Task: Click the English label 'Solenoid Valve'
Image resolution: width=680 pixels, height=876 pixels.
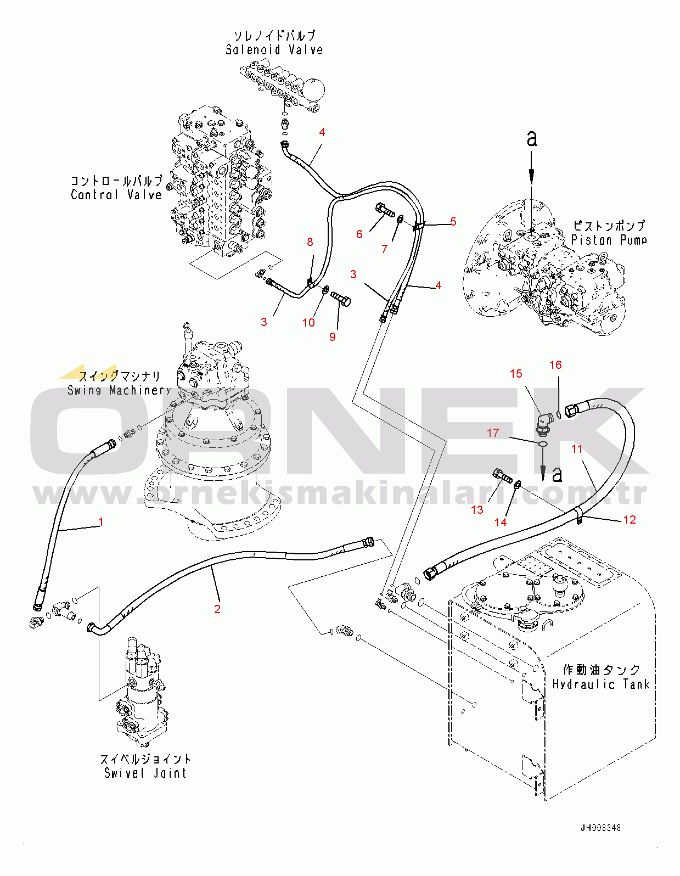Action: pyautogui.click(x=274, y=50)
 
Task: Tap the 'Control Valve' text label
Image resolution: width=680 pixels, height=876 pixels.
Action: pyautogui.click(x=116, y=195)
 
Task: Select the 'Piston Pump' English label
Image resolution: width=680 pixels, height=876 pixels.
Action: pyautogui.click(x=609, y=240)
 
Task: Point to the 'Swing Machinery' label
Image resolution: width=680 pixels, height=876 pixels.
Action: pyautogui.click(x=119, y=390)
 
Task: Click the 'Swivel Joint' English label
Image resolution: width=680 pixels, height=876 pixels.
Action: pyautogui.click(x=145, y=773)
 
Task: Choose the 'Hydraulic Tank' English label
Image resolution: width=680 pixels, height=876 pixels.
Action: pyautogui.click(x=601, y=684)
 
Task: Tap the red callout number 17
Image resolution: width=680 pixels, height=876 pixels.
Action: pyautogui.click(x=492, y=433)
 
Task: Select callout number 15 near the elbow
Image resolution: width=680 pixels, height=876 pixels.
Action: pyautogui.click(x=516, y=374)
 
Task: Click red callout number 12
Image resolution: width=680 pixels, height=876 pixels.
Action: pyautogui.click(x=629, y=520)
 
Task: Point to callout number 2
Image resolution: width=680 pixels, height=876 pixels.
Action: pyautogui.click(x=217, y=609)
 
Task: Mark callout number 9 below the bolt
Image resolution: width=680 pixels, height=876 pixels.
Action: pyautogui.click(x=332, y=336)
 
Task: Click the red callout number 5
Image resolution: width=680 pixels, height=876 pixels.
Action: pyautogui.click(x=453, y=221)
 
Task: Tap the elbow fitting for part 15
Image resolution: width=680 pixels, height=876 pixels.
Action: pyautogui.click(x=546, y=424)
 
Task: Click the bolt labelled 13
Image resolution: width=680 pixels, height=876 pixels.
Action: pyautogui.click(x=502, y=475)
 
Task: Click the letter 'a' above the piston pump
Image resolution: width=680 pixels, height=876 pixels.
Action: pyautogui.click(x=532, y=139)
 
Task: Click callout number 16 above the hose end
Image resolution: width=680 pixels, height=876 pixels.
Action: pyautogui.click(x=555, y=365)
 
